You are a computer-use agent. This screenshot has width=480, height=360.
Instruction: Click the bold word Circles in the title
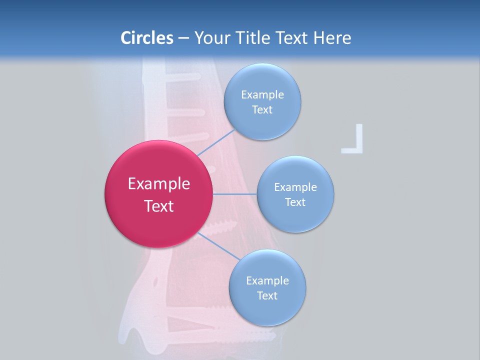coord(146,38)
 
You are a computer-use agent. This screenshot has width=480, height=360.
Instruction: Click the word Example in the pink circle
coord(159,184)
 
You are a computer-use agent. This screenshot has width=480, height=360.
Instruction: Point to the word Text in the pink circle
coord(159,206)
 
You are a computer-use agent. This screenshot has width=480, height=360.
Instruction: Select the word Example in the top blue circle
coord(262,95)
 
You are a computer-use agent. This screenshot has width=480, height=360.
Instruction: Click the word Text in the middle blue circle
coord(295,202)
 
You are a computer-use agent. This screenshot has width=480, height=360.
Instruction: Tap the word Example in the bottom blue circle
coord(267,281)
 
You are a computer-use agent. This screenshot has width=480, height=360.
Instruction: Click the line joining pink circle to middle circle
coord(234,193)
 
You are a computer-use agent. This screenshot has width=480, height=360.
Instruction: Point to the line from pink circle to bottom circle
coord(219,246)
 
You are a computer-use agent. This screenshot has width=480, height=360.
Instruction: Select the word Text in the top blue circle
coord(262,110)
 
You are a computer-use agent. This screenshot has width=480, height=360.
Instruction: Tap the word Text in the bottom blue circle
coord(267,296)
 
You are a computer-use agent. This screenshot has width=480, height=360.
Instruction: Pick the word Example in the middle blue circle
coord(295,187)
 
